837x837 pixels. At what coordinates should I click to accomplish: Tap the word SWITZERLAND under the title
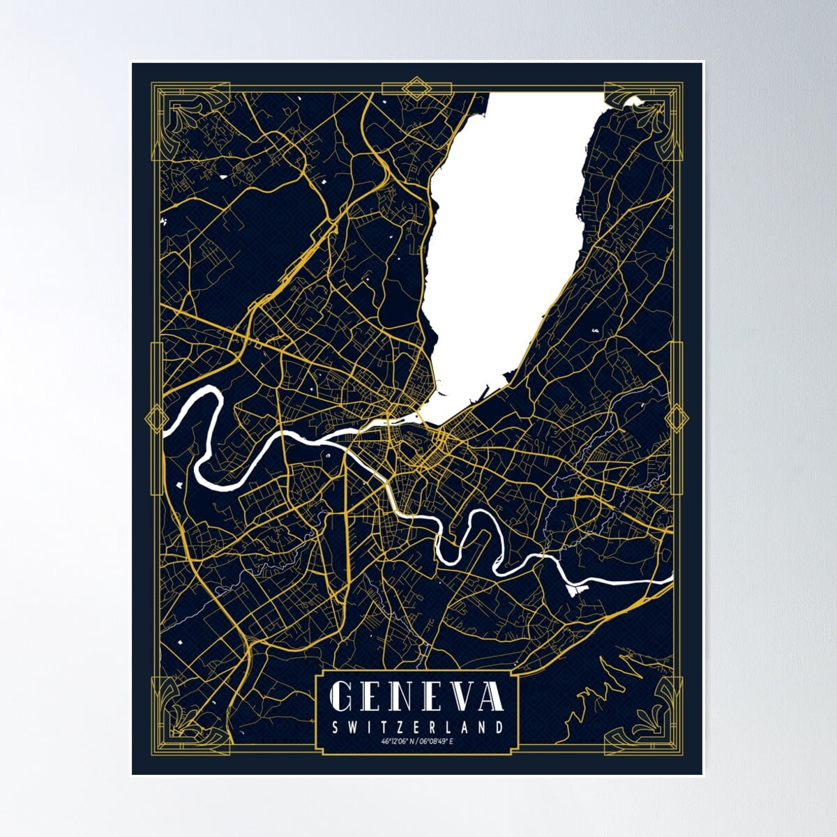(417, 727)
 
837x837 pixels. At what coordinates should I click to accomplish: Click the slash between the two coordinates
(417, 741)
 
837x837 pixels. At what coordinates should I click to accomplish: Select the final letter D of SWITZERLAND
(499, 727)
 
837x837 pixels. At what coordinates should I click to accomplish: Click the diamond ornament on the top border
(418, 89)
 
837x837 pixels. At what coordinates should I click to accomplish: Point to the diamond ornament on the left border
(153, 418)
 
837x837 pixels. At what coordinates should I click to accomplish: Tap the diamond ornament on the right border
(676, 418)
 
